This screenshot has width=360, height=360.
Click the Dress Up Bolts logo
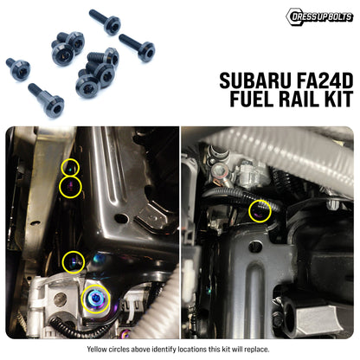pyautogui.click(x=319, y=16)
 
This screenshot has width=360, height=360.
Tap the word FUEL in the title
pyautogui.click(x=251, y=99)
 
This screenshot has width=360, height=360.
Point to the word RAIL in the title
pyautogui.click(x=298, y=99)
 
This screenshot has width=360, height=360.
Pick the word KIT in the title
pyautogui.click(x=337, y=99)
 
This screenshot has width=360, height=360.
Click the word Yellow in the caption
pyautogui.click(x=97, y=350)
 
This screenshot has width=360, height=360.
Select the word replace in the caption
pyautogui.click(x=258, y=350)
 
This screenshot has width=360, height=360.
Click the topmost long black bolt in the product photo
pyautogui.click(x=105, y=22)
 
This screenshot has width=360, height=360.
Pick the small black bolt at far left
pyautogui.click(x=18, y=69)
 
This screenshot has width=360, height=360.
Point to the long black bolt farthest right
pyautogui.click(x=138, y=48)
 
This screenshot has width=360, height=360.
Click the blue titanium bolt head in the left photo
pyautogui.click(x=95, y=299)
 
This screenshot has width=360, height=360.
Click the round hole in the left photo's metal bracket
pyautogui.click(x=121, y=218)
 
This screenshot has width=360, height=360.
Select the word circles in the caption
pyautogui.click(x=119, y=350)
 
